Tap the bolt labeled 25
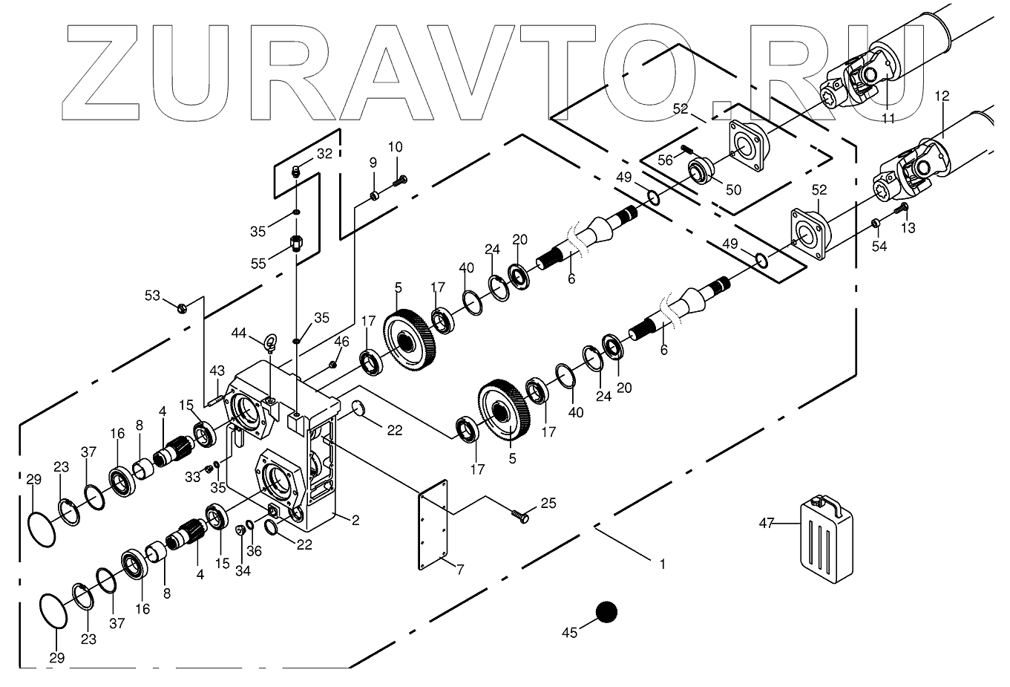522,514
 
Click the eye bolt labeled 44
272,343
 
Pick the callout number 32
324,154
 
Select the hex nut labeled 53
182,306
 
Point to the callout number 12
942,96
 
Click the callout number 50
733,189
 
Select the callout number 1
662,564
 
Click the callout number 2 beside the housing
355,521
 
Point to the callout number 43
217,371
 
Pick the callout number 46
341,342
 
